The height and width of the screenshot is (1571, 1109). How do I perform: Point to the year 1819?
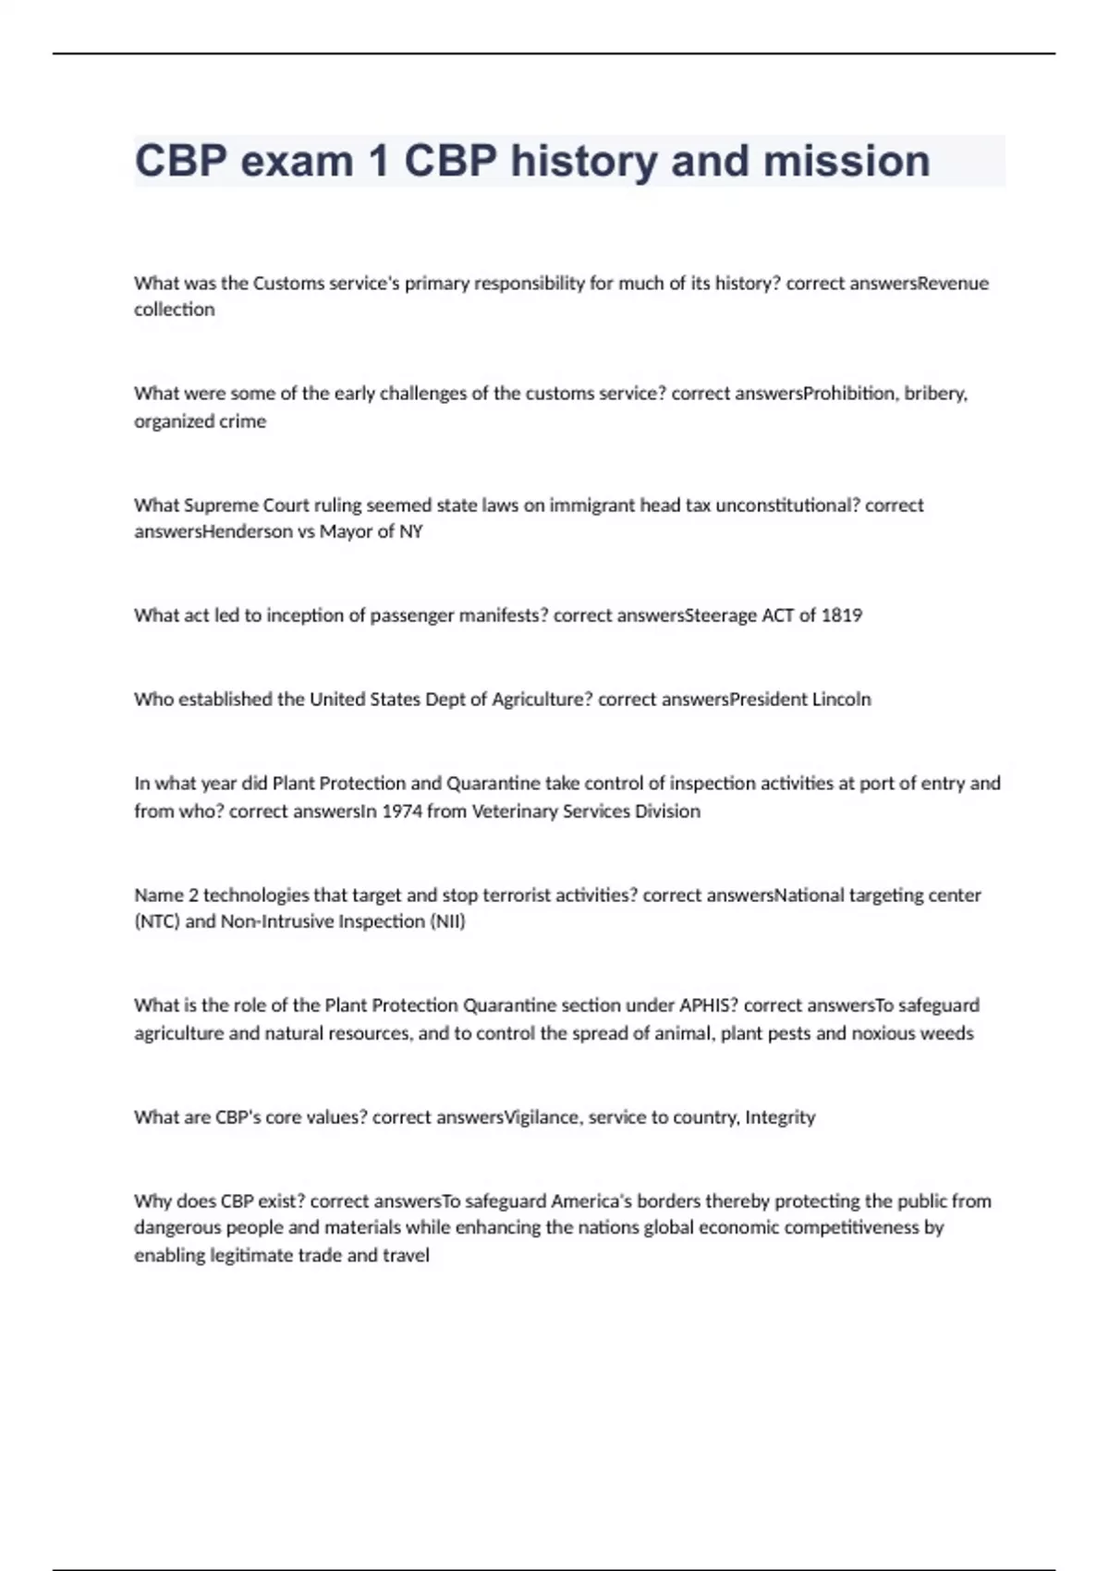pos(841,615)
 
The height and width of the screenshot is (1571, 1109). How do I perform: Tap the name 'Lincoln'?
pos(841,700)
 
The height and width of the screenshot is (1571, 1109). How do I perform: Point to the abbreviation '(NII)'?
pos(448,921)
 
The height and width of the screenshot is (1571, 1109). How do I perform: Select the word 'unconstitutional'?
pos(787,505)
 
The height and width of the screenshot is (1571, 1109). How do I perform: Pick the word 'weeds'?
pos(949,1033)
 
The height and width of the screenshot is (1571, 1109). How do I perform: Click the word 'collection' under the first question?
pos(174,310)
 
